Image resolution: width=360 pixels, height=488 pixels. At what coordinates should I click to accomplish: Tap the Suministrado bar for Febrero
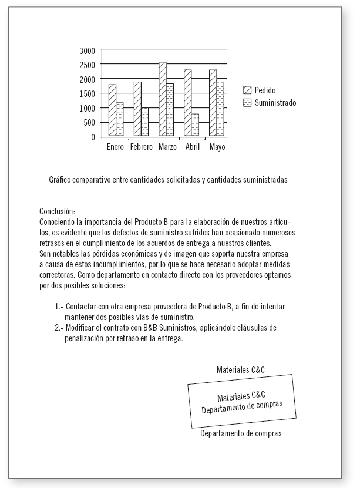tap(145, 122)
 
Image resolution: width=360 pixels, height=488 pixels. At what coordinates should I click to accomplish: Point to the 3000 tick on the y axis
tap(86, 51)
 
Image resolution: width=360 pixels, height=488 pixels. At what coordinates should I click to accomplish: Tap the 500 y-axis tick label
tap(88, 123)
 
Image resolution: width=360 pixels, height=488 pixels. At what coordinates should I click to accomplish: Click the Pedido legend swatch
tap(247, 90)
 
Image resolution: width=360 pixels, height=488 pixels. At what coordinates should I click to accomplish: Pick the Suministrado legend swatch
tap(247, 102)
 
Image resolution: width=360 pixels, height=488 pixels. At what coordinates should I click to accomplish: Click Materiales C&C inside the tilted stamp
tap(240, 398)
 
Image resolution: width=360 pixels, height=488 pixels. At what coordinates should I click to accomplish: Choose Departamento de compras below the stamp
tap(241, 434)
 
